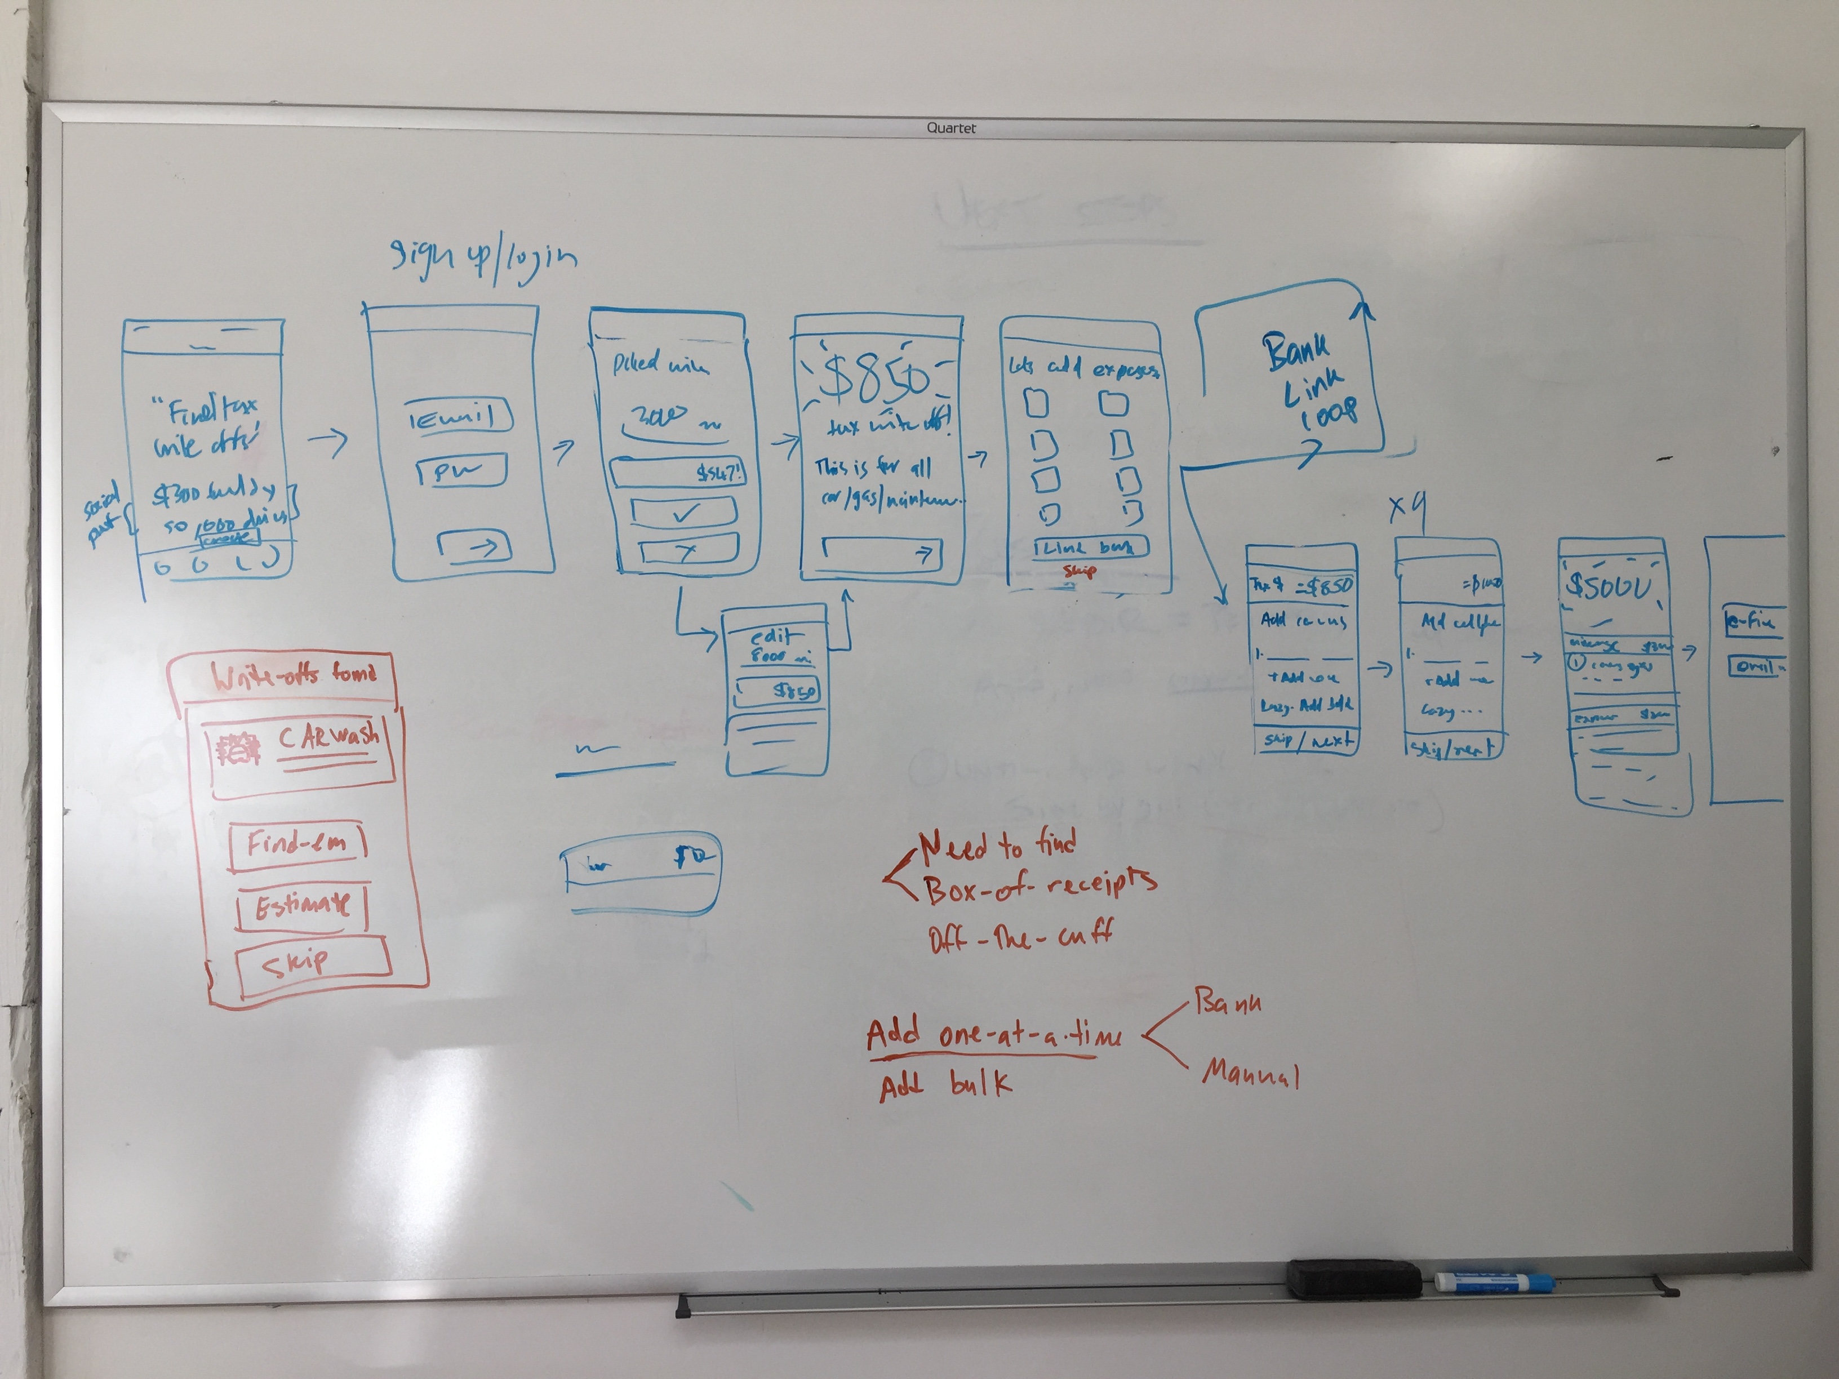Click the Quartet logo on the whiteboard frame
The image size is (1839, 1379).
tap(951, 128)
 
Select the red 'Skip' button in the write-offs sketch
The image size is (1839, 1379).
tap(312, 963)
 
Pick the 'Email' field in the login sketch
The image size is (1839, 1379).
tap(457, 416)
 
